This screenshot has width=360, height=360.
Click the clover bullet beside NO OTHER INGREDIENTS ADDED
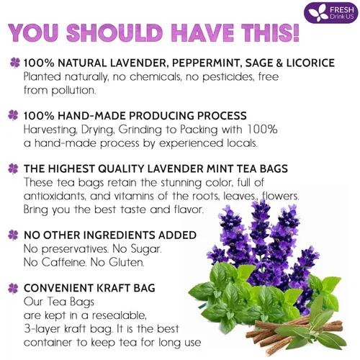pos(14,235)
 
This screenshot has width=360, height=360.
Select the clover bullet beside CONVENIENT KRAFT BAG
pos(14,289)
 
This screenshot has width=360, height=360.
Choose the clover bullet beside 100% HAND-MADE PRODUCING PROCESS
pos(14,115)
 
